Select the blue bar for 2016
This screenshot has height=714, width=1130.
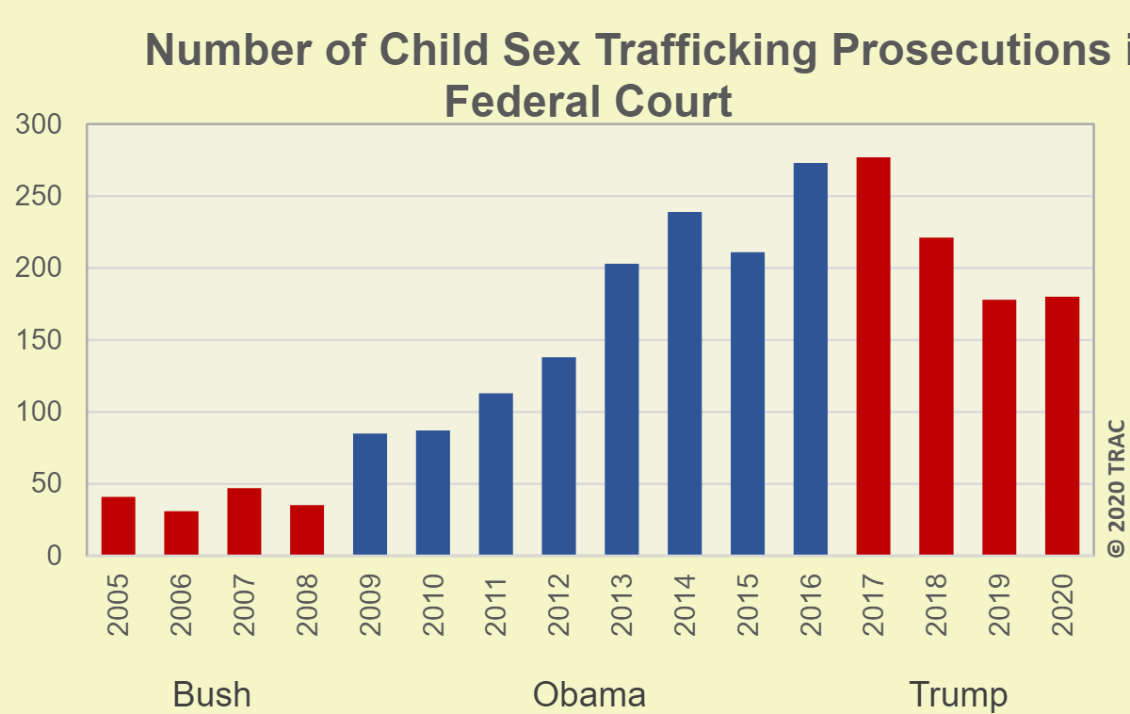tap(810, 359)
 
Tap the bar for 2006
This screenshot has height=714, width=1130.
tap(181, 533)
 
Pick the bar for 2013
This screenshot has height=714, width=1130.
tap(621, 409)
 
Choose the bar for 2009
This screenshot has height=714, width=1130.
tap(370, 494)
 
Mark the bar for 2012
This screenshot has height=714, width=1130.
tap(558, 456)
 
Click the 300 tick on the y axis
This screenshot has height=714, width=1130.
tap(40, 125)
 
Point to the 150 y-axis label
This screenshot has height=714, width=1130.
tap(40, 341)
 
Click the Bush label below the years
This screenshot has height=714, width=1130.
tap(212, 695)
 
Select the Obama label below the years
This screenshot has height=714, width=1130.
tap(589, 695)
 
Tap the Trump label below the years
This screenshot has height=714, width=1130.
tap(958, 695)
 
